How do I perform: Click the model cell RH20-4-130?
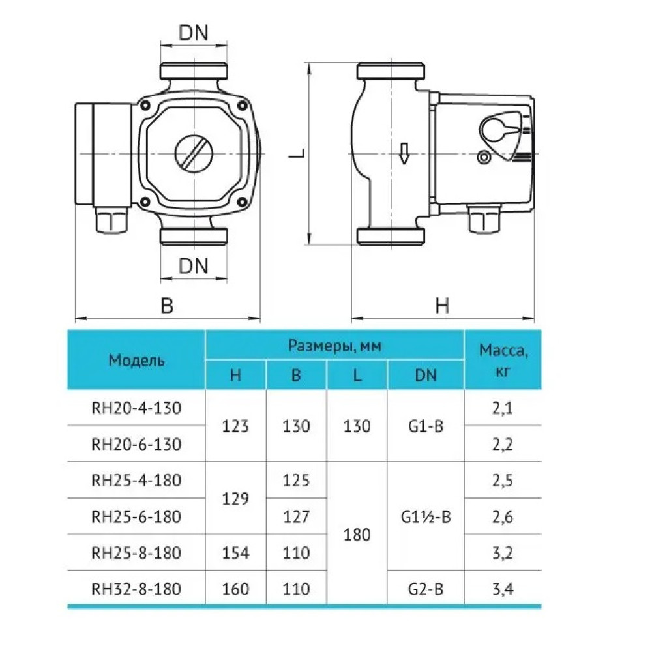(136, 408)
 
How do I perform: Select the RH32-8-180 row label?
(136, 589)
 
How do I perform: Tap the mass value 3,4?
(502, 589)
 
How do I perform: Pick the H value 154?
(235, 553)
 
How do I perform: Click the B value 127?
(296, 517)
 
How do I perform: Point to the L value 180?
(357, 535)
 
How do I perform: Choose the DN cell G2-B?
(426, 589)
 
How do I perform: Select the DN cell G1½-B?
(426, 517)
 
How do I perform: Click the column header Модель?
(136, 360)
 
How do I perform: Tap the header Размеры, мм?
(334, 346)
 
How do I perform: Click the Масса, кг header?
(503, 360)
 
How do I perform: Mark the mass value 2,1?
(502, 409)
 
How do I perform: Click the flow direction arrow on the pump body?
(404, 153)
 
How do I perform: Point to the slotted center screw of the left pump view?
(194, 153)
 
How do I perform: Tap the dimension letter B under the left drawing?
(167, 305)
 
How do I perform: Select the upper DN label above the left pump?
(194, 33)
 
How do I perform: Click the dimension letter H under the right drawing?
(442, 306)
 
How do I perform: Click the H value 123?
(235, 426)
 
